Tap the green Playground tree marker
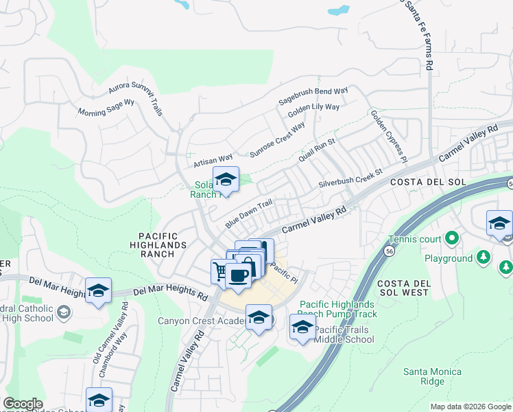(484, 257)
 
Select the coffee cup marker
(238, 276)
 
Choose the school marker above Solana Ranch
(226, 180)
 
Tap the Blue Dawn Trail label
(249, 214)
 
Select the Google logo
(23, 404)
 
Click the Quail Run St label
(316, 151)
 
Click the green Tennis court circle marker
(451, 238)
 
